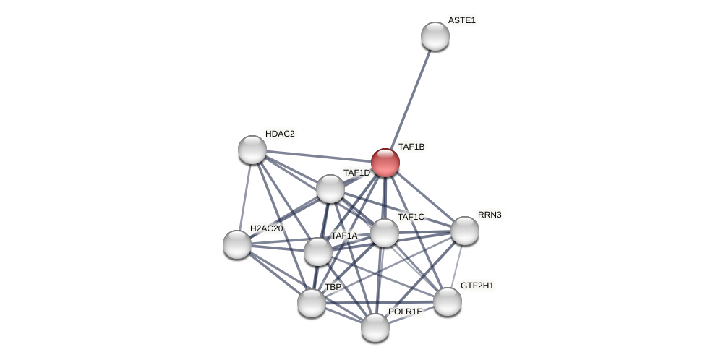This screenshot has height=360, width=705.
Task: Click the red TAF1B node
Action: click(x=385, y=163)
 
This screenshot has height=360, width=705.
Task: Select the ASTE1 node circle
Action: click(x=435, y=36)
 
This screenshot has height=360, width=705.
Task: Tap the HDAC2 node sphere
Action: click(x=252, y=150)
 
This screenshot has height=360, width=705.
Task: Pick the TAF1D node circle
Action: click(x=330, y=189)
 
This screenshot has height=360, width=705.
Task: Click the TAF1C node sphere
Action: click(x=385, y=233)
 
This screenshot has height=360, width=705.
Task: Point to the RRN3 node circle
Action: click(x=465, y=231)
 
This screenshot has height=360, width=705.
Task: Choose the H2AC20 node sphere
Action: click(x=237, y=244)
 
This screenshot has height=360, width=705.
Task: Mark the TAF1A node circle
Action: click(x=318, y=252)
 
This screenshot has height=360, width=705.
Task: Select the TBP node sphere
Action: click(x=312, y=303)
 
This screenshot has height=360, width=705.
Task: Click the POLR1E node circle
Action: click(x=375, y=327)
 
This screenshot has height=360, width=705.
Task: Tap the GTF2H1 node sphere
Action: click(x=448, y=301)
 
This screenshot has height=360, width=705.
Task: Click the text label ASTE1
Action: click(x=461, y=20)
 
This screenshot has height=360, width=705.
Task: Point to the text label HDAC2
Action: click(x=280, y=134)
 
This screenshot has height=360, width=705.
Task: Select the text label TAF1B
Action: click(x=411, y=147)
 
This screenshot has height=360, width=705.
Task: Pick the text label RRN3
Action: click(x=490, y=215)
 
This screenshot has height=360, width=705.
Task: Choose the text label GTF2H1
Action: click(x=477, y=286)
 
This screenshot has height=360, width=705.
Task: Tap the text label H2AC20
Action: click(x=266, y=228)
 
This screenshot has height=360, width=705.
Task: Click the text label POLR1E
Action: click(x=405, y=312)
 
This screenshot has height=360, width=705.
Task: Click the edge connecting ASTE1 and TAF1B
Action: click(x=411, y=99)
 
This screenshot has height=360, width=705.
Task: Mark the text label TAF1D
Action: click(x=356, y=173)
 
